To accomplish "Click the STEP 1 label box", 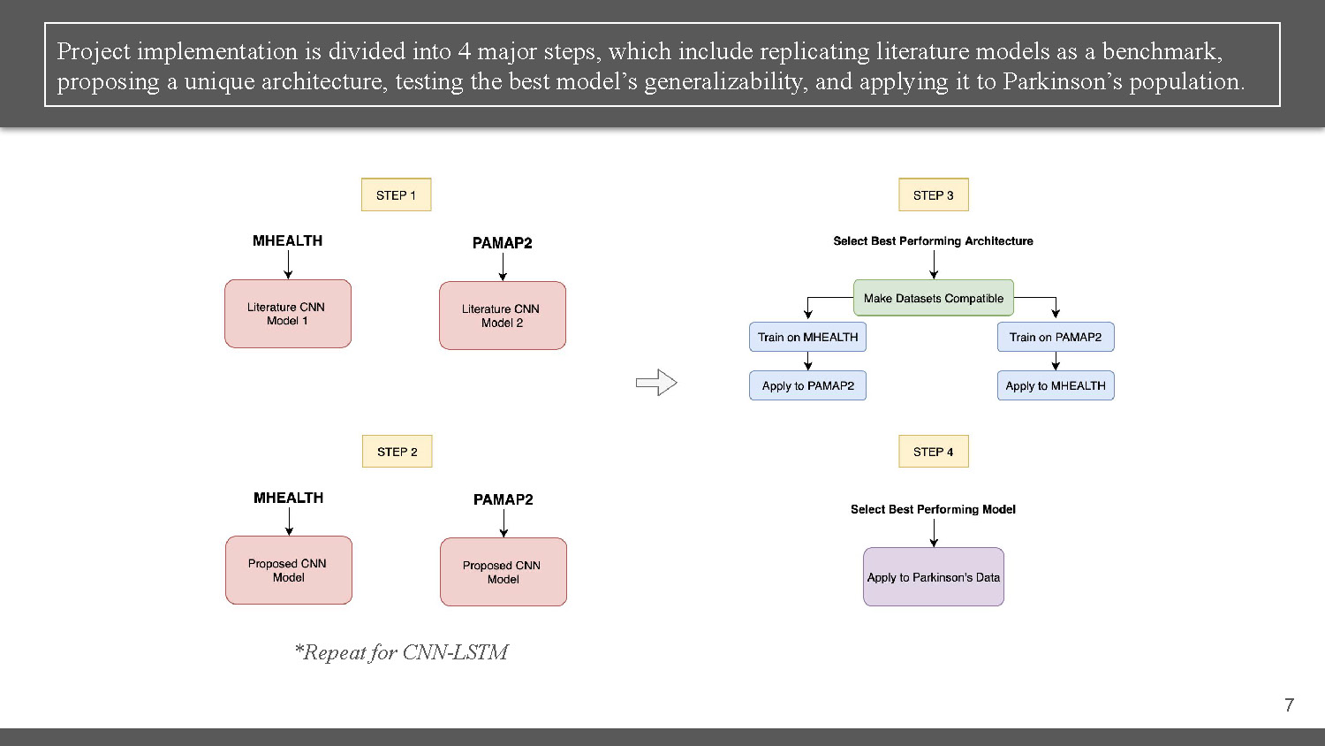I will (x=396, y=195).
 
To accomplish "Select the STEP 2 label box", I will (x=397, y=452).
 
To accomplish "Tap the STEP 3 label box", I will (x=933, y=195).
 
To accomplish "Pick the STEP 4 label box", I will (x=933, y=452).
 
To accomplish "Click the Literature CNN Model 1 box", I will (x=288, y=314).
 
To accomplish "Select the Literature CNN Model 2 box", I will (x=503, y=316).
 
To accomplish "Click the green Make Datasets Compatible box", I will (x=933, y=298).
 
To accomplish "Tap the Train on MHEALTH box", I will (x=807, y=337).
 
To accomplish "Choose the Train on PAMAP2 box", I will (x=1055, y=337).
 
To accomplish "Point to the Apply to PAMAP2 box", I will (x=807, y=385).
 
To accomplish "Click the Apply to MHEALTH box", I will (x=1055, y=385).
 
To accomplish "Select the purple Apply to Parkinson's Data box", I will (x=933, y=577).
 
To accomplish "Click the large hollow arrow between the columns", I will (x=656, y=383).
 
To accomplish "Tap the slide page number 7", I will (x=1289, y=704).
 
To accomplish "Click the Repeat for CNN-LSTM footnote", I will (x=401, y=652).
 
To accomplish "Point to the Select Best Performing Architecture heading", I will (x=933, y=240).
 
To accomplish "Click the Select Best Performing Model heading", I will (x=933, y=509).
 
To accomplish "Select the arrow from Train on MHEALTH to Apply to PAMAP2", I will (x=807, y=361).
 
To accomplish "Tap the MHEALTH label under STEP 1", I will (x=287, y=240).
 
